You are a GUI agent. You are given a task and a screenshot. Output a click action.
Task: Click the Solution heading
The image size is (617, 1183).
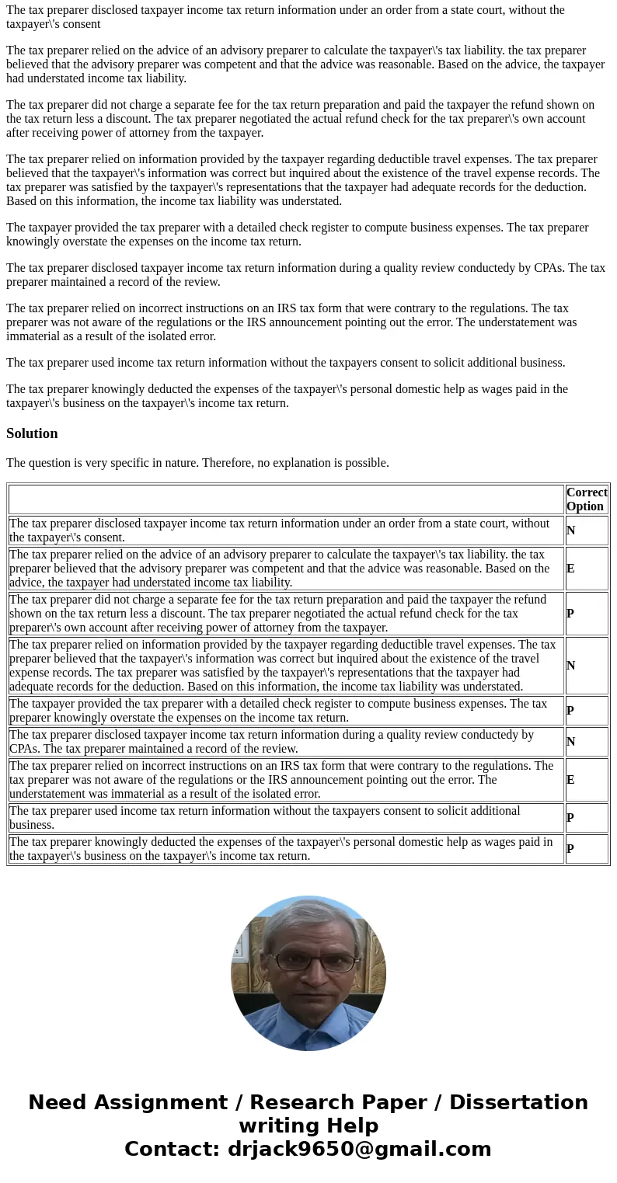click(32, 433)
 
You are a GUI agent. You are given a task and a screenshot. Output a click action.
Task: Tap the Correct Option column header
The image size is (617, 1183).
click(587, 499)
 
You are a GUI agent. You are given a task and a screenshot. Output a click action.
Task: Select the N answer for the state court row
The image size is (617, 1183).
click(570, 531)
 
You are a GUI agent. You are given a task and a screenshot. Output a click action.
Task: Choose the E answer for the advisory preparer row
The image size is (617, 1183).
click(570, 569)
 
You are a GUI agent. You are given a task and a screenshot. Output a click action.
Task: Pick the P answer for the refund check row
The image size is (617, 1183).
click(570, 614)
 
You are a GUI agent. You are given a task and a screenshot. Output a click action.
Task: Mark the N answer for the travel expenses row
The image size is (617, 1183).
click(570, 666)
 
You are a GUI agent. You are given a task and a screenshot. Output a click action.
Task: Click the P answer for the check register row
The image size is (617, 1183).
click(570, 711)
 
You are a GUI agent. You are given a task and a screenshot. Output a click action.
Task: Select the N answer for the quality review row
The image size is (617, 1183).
click(570, 742)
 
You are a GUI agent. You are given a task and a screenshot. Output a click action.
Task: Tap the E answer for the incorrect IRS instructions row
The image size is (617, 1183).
click(570, 780)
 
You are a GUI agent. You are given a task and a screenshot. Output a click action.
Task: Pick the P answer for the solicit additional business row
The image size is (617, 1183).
click(570, 818)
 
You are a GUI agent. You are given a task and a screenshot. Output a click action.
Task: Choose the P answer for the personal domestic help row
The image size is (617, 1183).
click(570, 849)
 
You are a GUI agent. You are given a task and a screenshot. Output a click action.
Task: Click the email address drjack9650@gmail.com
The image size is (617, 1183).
click(359, 1150)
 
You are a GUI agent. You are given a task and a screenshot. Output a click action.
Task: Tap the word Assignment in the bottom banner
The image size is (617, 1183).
click(166, 1103)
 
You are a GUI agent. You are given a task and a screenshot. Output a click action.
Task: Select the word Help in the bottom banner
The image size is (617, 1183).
click(352, 1126)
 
